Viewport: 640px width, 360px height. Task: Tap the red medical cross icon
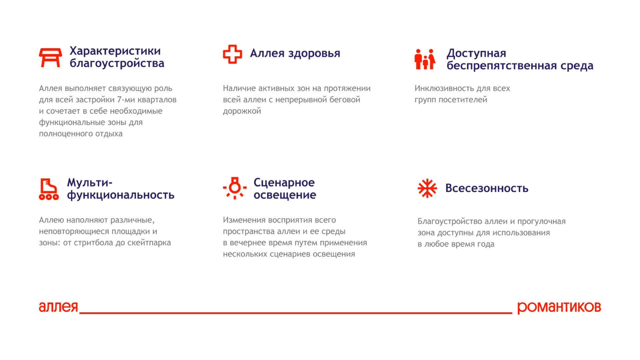click(x=232, y=54)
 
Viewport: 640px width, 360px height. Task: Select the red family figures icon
click(x=425, y=59)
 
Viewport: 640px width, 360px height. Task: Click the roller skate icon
click(x=49, y=189)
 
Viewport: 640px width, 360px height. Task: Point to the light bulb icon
click(x=235, y=188)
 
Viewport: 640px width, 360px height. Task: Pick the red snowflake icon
click(x=427, y=188)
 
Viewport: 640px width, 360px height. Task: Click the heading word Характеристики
click(x=115, y=51)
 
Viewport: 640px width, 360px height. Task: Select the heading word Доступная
click(x=476, y=53)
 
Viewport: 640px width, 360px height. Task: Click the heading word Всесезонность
click(x=487, y=188)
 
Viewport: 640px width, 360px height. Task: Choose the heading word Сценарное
click(x=284, y=183)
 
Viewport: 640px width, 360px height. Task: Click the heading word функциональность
click(x=121, y=195)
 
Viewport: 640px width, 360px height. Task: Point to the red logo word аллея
click(x=58, y=307)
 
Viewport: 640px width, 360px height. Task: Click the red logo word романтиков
click(x=559, y=307)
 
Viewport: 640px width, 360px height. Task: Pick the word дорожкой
click(x=242, y=111)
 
